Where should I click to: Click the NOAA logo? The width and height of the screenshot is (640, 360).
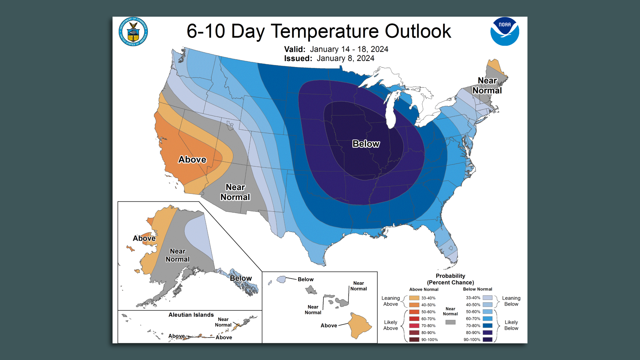pyautogui.click(x=504, y=31)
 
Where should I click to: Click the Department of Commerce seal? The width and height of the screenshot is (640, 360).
pyautogui.click(x=133, y=32)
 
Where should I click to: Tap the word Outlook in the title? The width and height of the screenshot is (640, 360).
pyautogui.click(x=418, y=31)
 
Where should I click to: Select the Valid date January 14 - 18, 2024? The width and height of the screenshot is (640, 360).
pyautogui.click(x=349, y=49)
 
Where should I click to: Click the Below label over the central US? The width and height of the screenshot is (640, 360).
pyautogui.click(x=366, y=144)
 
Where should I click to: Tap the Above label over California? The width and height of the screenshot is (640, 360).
pyautogui.click(x=192, y=160)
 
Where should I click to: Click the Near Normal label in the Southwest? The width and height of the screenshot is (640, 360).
pyautogui.click(x=235, y=192)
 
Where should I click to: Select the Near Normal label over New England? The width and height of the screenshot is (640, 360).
pyautogui.click(x=487, y=86)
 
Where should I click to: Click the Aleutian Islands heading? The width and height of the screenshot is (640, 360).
pyautogui.click(x=191, y=315)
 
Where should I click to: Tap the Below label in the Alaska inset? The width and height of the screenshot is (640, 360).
pyautogui.click(x=241, y=278)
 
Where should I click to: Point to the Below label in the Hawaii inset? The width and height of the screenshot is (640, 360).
pyautogui.click(x=305, y=279)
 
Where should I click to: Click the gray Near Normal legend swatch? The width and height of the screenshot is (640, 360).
pyautogui.click(x=450, y=322)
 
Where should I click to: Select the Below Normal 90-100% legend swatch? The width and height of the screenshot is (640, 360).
pyautogui.click(x=487, y=340)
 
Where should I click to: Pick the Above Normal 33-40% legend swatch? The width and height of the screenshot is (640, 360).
pyautogui.click(x=414, y=298)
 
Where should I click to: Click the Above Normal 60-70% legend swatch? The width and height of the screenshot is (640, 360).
pyautogui.click(x=414, y=319)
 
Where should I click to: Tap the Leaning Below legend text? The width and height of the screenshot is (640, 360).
pyautogui.click(x=511, y=301)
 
